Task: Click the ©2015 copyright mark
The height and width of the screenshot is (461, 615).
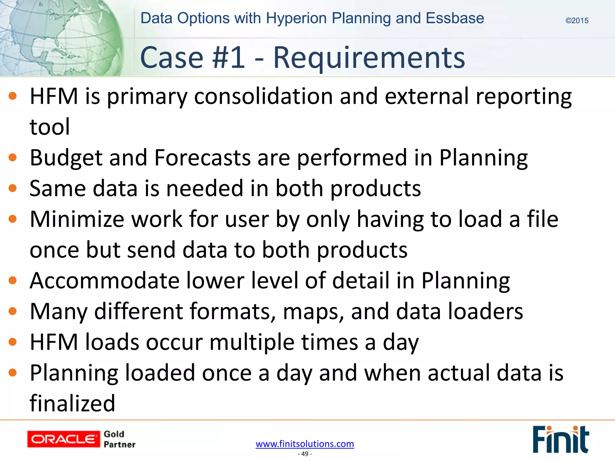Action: coord(577,21)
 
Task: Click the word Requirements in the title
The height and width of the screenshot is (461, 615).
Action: coord(369,58)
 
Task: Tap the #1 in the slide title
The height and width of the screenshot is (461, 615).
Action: coord(229,58)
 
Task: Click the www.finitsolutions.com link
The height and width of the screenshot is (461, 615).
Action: coord(305,444)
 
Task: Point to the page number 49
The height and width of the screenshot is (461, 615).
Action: coord(305,454)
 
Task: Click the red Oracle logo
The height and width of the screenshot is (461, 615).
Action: coord(63,439)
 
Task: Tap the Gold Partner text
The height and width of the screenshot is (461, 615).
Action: coord(119,439)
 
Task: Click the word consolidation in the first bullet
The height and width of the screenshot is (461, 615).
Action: coord(263,97)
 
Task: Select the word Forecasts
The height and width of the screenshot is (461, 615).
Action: coord(202,158)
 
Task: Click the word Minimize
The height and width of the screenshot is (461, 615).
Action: coord(77,219)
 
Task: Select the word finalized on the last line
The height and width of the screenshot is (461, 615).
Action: coord(72,404)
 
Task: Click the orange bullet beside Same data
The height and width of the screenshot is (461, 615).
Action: coord(13,188)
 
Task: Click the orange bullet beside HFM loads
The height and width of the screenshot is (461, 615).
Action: coord(13,342)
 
